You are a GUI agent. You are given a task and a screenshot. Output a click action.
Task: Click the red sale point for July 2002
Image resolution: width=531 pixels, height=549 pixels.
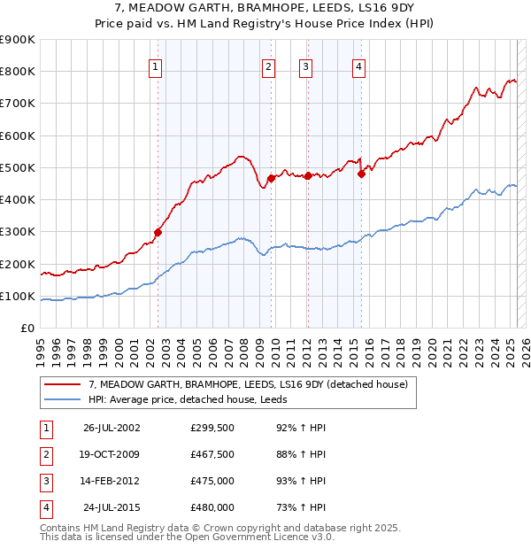click(x=158, y=232)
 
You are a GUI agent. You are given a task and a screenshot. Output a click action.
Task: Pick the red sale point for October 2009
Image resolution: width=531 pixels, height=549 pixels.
click(x=272, y=178)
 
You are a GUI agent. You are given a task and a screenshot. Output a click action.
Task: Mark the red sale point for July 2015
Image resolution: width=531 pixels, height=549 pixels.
click(x=361, y=174)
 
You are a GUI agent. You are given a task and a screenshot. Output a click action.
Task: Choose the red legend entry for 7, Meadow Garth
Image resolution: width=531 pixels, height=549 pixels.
click(x=248, y=384)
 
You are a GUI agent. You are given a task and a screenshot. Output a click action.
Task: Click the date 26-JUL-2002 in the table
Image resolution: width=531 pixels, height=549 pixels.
click(x=112, y=428)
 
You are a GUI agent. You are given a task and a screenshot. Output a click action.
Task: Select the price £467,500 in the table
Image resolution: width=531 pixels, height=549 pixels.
click(x=212, y=454)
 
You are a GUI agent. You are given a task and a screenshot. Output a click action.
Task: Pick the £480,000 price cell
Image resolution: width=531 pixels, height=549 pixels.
click(x=212, y=507)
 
